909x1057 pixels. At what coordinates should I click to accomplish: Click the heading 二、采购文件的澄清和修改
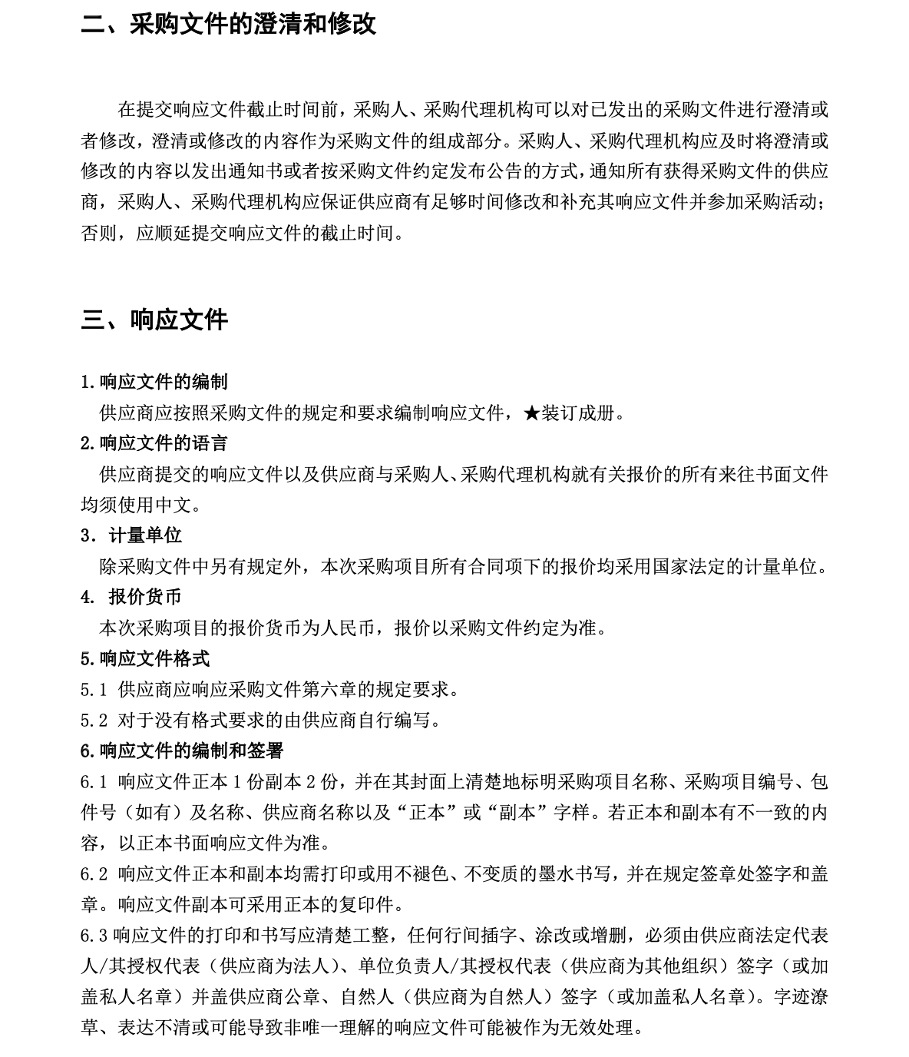[x=228, y=24]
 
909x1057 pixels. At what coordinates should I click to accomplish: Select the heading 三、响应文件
[x=154, y=320]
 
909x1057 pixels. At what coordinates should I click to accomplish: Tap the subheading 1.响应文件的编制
[x=154, y=382]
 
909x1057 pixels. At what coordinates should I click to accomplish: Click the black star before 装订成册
[x=531, y=413]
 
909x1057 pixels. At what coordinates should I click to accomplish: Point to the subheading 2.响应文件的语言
[x=154, y=443]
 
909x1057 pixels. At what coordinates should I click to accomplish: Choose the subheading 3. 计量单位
[x=131, y=535]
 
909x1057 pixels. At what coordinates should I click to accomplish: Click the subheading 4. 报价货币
[x=131, y=597]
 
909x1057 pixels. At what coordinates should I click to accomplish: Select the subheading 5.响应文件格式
[x=145, y=658]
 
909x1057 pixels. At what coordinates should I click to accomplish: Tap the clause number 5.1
[x=94, y=690]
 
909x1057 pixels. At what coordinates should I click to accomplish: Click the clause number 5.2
[x=94, y=721]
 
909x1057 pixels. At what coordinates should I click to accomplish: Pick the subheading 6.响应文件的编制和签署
[x=182, y=751]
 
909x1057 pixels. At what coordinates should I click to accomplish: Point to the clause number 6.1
[x=94, y=782]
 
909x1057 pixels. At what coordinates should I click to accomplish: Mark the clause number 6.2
[x=94, y=874]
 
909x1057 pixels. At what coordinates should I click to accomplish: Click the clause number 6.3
[x=94, y=936]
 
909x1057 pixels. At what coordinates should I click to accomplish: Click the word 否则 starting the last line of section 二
[x=99, y=233]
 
